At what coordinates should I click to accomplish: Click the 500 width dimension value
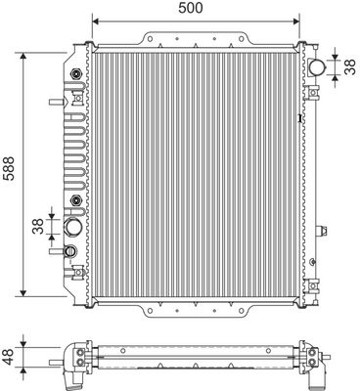[191, 9]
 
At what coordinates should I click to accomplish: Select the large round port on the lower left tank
[74, 228]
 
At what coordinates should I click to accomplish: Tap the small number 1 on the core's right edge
[299, 119]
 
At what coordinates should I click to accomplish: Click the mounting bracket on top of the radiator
[193, 40]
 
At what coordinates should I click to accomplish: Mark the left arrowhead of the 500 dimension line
[93, 21]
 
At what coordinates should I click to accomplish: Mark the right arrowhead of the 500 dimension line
[293, 21]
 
